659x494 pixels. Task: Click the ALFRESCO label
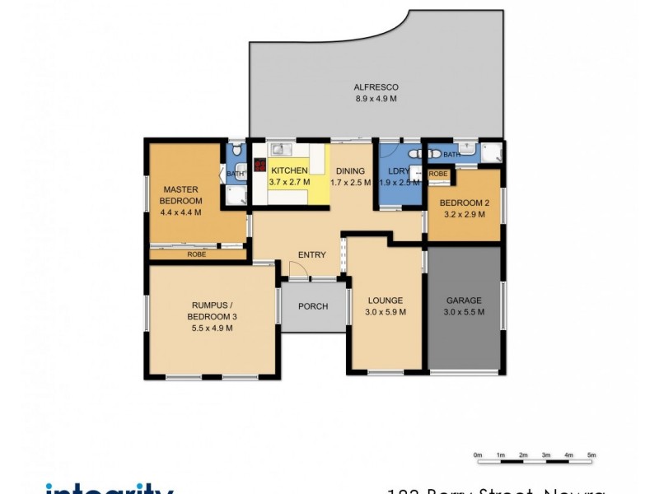point(376,86)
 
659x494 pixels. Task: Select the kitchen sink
point(278,150)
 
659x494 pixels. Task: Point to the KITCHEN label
point(289,170)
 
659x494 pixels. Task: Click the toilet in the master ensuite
point(236,151)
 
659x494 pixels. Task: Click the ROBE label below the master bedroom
point(196,254)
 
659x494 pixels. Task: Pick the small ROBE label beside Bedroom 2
point(438,174)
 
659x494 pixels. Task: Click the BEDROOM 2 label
point(464,203)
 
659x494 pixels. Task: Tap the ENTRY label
point(312,254)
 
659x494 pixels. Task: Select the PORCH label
point(313,306)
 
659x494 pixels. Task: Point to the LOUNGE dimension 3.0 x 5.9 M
point(385,312)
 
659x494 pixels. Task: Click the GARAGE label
point(464,301)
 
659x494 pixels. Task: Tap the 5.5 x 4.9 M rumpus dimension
point(212,328)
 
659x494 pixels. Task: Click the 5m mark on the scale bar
point(591,455)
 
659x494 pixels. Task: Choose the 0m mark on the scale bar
point(478,455)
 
